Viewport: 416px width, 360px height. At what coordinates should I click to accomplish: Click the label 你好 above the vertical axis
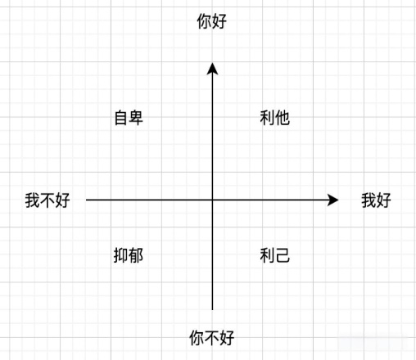pos(212,21)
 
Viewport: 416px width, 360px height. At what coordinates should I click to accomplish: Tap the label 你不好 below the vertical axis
pos(212,338)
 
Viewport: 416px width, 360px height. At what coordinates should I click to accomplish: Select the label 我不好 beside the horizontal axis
pos(47,200)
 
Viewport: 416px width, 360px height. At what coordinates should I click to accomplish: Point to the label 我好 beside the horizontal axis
pos(376,200)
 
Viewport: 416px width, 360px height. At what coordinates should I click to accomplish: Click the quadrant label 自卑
pos(129,118)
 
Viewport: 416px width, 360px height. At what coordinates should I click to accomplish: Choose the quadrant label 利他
pos(274,118)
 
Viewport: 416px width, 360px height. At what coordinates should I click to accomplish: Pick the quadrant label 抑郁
pos(129,255)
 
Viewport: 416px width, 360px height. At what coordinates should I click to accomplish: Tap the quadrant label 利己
pos(274,255)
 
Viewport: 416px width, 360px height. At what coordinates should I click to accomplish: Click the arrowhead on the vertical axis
pos(212,69)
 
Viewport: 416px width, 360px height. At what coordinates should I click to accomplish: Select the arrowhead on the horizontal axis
pos(332,200)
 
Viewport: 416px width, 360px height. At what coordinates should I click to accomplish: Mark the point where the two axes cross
pos(212,200)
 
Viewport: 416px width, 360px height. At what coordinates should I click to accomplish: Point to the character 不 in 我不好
pos(47,200)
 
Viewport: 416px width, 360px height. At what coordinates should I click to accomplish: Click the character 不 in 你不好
pos(212,338)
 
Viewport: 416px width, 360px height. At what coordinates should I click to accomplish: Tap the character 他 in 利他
pos(283,118)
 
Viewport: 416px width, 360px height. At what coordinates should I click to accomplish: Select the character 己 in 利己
pos(283,255)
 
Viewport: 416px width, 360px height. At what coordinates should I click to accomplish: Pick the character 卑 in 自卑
pos(136,118)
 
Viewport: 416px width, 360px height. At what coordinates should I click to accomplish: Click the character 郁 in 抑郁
pos(136,255)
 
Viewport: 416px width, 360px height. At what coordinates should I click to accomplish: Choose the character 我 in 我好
pos(369,200)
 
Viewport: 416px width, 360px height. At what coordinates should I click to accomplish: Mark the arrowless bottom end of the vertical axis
pos(212,310)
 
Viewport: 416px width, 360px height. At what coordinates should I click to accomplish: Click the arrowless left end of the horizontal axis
pos(86,200)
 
